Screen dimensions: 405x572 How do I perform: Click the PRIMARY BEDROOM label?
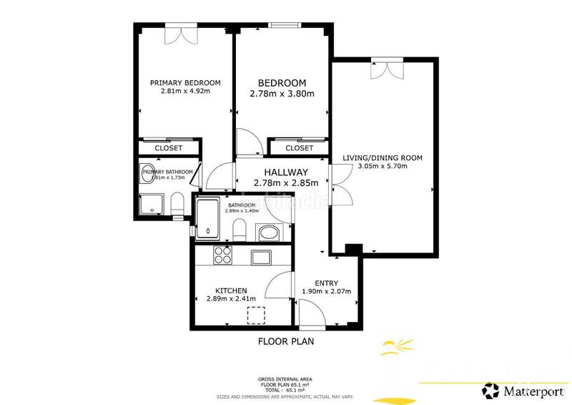pyautogui.click(x=185, y=82)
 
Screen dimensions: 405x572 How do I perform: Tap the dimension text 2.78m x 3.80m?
pyautogui.click(x=282, y=94)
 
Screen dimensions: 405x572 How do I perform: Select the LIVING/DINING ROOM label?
pyautogui.click(x=383, y=157)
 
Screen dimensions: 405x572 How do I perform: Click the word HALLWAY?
pyautogui.click(x=286, y=172)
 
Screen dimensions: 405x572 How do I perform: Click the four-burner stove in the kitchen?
pyautogui.click(x=223, y=255)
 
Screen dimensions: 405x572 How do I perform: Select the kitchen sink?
pyautogui.click(x=260, y=256)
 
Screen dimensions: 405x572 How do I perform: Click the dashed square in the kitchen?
pyautogui.click(x=255, y=315)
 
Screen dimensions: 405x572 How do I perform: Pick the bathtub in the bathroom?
pyautogui.click(x=208, y=219)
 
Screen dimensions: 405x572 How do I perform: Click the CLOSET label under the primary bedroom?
pyautogui.click(x=169, y=148)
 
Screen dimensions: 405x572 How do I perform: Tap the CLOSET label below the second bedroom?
pyautogui.click(x=299, y=148)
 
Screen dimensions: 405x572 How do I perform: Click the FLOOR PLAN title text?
pyautogui.click(x=285, y=342)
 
